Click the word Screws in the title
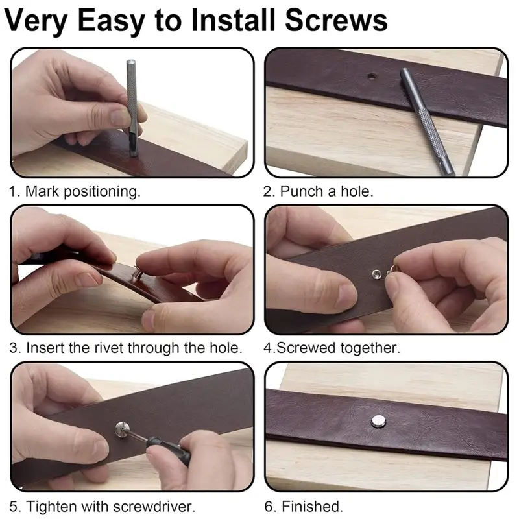pos(335,21)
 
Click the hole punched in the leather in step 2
pos(372,77)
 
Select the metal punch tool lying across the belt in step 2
pos(428,121)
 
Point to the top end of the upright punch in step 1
pos(131,62)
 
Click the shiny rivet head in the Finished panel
pos(378,421)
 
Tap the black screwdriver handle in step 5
pos(169,450)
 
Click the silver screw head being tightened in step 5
pos(121,429)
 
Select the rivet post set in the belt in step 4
pos(376,274)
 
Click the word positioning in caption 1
pos(102,191)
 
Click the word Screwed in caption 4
pos(306,348)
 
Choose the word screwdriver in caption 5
pos(154,507)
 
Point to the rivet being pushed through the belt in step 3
pos(138,272)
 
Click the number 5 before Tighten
pos(14,507)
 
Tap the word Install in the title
pos(233,21)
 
